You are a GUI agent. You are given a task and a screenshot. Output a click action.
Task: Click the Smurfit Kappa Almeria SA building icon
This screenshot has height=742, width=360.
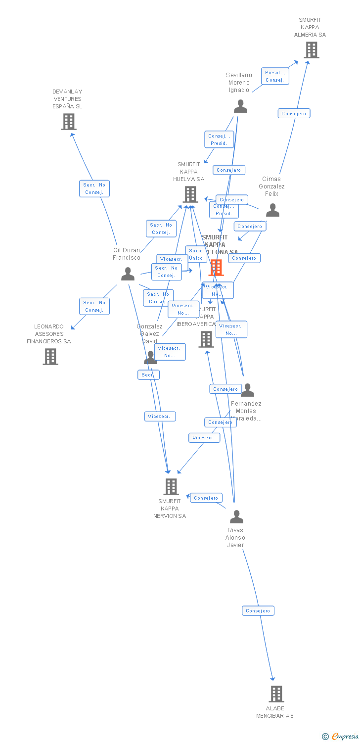coord(311,50)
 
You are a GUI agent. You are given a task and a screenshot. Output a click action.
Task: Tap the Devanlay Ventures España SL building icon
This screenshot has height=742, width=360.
coord(69,122)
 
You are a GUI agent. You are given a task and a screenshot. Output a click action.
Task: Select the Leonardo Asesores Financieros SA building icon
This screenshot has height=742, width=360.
coord(50,356)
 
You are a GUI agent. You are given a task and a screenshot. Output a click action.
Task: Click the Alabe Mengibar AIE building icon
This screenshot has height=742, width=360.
coord(276,694)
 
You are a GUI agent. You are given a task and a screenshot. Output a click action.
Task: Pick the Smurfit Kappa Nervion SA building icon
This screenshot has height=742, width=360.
coord(171,487)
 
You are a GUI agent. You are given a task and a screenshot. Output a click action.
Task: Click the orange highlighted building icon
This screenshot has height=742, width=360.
coord(216,268)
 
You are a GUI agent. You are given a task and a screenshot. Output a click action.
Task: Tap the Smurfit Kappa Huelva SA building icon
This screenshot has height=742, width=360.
coord(190,194)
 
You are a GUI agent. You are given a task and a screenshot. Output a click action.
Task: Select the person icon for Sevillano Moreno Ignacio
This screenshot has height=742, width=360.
coord(240,106)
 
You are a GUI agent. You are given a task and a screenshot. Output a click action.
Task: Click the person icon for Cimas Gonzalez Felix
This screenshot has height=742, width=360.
coord(272,210)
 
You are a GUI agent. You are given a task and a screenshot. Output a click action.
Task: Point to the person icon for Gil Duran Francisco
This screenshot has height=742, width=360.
coord(128,274)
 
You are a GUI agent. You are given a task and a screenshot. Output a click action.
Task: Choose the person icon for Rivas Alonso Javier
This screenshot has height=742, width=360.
coord(236,517)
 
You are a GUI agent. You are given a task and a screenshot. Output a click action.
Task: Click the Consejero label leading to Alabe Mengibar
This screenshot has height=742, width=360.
coord(258,611)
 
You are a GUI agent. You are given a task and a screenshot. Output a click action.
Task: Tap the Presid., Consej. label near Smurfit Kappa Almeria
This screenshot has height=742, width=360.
coord(274,76)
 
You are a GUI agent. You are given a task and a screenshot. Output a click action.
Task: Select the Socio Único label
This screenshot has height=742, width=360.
coord(196,254)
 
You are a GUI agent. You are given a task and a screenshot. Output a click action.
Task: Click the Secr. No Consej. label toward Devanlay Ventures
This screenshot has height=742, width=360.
coord(94,188)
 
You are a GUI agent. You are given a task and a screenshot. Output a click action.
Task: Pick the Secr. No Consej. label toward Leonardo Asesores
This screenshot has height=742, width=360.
coord(94,306)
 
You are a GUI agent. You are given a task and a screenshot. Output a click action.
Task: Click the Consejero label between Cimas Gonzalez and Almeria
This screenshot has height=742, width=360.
coord(294,114)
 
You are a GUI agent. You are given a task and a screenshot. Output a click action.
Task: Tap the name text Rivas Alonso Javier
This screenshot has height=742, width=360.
coord(235,538)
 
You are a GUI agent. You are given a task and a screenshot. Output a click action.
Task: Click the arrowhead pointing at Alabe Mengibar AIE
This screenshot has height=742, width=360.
coord(272,679)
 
